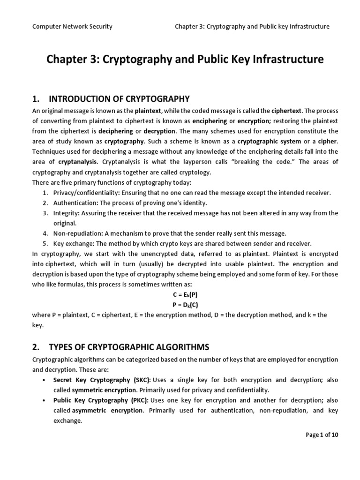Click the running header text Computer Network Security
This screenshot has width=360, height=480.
(x=72, y=26)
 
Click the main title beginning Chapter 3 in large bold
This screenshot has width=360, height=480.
(x=180, y=60)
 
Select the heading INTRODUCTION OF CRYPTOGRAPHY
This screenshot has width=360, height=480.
(x=119, y=98)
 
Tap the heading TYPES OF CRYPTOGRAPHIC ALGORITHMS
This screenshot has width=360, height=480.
(x=129, y=347)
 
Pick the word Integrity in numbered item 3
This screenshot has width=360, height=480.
(x=66, y=213)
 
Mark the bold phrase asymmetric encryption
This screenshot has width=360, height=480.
(x=107, y=410)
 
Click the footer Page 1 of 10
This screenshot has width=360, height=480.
(x=322, y=435)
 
